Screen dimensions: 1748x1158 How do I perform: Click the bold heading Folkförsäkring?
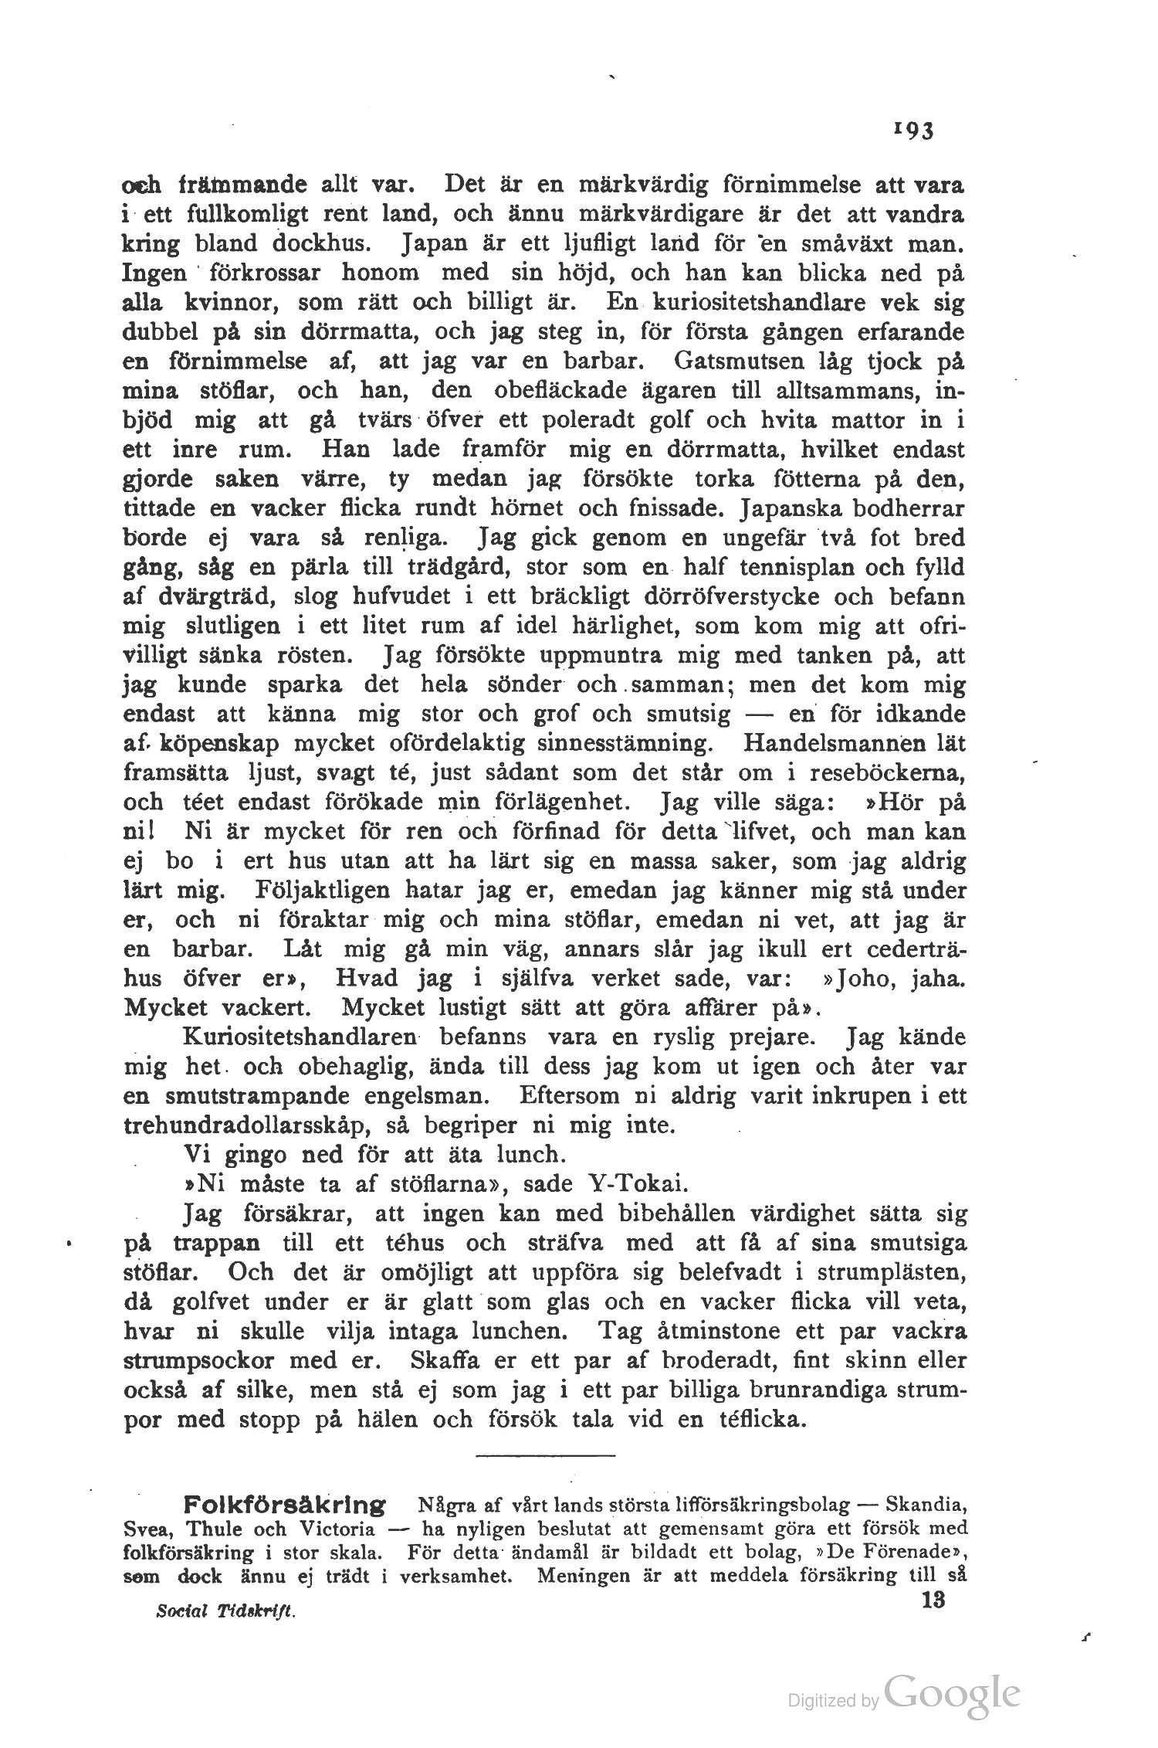click(284, 1506)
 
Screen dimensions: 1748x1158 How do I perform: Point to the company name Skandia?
click(927, 1506)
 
